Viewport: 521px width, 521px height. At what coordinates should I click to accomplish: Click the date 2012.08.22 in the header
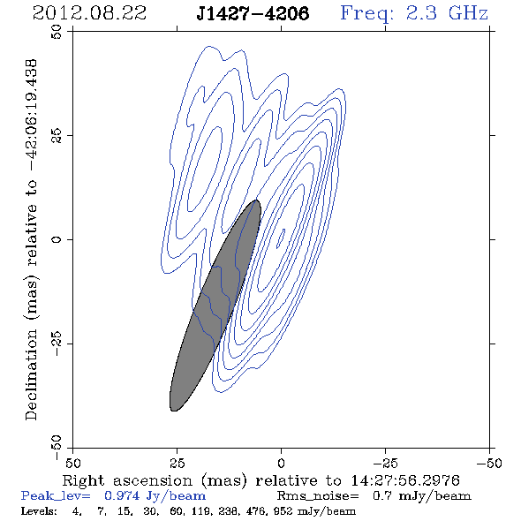pyautogui.click(x=89, y=13)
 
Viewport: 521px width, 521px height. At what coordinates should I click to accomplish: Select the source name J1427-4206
pyautogui.click(x=253, y=13)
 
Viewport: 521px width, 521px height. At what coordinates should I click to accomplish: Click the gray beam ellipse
pyautogui.click(x=215, y=306)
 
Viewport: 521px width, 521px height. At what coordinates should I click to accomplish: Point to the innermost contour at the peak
pyautogui.click(x=281, y=238)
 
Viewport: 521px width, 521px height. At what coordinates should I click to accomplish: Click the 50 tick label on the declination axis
pyautogui.click(x=57, y=32)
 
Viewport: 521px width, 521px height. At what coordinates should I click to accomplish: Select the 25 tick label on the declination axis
pyautogui.click(x=57, y=135)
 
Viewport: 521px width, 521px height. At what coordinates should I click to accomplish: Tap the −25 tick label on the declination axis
pyautogui.click(x=57, y=344)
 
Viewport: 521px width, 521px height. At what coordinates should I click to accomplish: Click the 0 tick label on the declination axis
pyautogui.click(x=57, y=239)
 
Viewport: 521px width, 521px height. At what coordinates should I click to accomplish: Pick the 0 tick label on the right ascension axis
pyautogui.click(x=281, y=464)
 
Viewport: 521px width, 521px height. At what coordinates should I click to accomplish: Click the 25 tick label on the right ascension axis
pyautogui.click(x=177, y=464)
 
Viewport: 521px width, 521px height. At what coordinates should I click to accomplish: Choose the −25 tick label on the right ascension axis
pyautogui.click(x=385, y=464)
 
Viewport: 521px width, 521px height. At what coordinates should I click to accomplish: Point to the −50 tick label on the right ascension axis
pyautogui.click(x=489, y=464)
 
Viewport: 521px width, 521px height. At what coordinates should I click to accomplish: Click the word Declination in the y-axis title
pyautogui.click(x=31, y=374)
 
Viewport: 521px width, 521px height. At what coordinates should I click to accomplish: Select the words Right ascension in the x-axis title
pyautogui.click(x=127, y=480)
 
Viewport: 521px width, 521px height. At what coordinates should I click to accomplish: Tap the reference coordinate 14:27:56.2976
pyautogui.click(x=405, y=480)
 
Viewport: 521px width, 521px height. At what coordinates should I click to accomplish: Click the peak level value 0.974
pyautogui.click(x=122, y=495)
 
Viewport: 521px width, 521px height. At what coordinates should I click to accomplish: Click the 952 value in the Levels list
pyautogui.click(x=283, y=511)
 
